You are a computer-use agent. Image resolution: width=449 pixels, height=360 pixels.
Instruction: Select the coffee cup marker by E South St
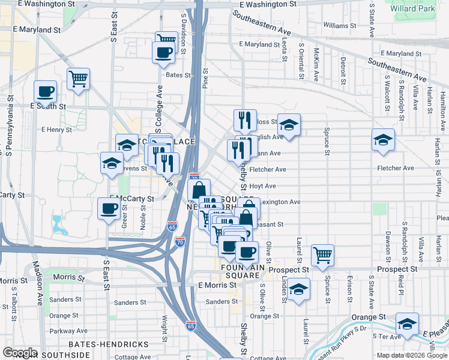45,92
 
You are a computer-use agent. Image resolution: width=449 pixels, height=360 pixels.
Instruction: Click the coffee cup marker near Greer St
109,209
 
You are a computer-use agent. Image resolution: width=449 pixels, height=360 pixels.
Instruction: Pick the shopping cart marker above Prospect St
323,254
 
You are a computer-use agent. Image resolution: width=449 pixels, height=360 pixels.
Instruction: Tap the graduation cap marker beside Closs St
289,125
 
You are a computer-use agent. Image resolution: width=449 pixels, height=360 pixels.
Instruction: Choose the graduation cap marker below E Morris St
298,289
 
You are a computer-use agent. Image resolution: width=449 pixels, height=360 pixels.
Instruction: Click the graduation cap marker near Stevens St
111,163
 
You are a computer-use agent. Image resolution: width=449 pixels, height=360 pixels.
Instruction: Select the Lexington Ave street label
281,202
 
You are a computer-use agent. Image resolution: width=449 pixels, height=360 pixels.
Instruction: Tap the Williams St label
343,25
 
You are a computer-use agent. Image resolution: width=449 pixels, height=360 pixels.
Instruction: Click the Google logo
19,353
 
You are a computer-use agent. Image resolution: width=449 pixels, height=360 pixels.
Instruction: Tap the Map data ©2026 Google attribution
411,355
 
